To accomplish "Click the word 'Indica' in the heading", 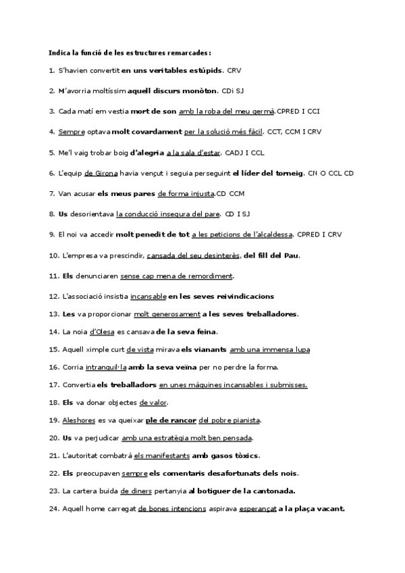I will click(58, 53).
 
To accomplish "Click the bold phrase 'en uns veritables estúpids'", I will click(172, 70).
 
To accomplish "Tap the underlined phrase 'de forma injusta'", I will click(186, 193).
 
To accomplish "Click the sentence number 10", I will click(54, 255).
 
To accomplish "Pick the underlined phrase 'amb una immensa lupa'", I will click(269, 349).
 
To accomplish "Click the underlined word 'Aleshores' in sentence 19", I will click(79, 420).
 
